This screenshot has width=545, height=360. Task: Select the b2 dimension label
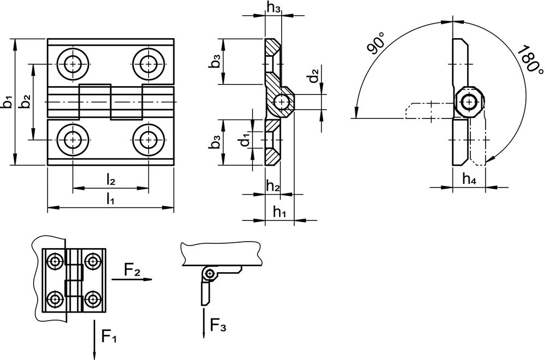pos(26,101)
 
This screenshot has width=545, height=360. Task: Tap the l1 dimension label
pos(110,199)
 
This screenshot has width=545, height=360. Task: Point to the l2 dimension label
pos(111,179)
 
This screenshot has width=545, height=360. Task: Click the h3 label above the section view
pos(274,7)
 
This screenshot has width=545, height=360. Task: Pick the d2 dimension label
pos(314,76)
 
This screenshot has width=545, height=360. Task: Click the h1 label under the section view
pos(280,211)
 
